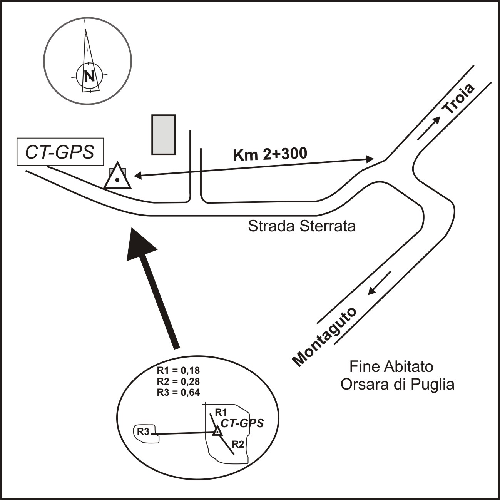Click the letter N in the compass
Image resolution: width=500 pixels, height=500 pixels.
pos(89,76)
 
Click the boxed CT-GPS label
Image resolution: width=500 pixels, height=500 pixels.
pos(60,152)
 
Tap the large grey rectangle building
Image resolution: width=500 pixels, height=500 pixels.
pos(164,134)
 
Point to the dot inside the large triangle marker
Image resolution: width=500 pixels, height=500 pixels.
pos(118,179)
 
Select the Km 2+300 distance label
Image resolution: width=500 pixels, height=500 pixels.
pos(270,154)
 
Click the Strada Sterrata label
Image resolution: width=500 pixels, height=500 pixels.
pos(302,226)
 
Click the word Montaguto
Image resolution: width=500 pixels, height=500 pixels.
pos(324,336)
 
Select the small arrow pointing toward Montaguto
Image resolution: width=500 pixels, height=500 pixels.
pos(379,283)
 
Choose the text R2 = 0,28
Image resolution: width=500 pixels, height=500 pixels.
pos(178,381)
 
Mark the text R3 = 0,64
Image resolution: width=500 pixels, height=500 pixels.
pos(178,392)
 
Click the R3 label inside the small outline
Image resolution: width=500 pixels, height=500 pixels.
pos(143,431)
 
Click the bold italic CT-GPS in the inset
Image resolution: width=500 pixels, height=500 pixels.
pos(242,423)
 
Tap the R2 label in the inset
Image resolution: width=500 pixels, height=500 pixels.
pos(238,445)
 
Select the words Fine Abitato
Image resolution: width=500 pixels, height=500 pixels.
pos(391,366)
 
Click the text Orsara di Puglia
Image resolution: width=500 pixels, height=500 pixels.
pos(397,385)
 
